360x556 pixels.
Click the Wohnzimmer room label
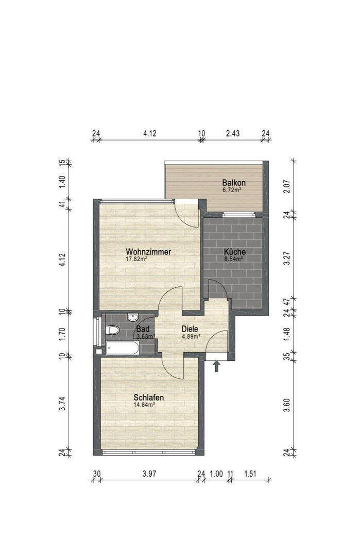(148, 252)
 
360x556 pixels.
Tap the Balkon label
(234, 183)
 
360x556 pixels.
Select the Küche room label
(235, 252)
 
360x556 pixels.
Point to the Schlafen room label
(149, 397)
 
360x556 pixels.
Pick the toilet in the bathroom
(112, 330)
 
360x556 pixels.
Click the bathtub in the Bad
(122, 349)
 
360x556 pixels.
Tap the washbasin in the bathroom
(133, 317)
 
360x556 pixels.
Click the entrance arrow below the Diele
(216, 366)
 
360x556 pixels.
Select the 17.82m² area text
(137, 259)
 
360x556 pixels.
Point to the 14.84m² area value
(144, 405)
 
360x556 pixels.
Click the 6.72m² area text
(232, 190)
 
